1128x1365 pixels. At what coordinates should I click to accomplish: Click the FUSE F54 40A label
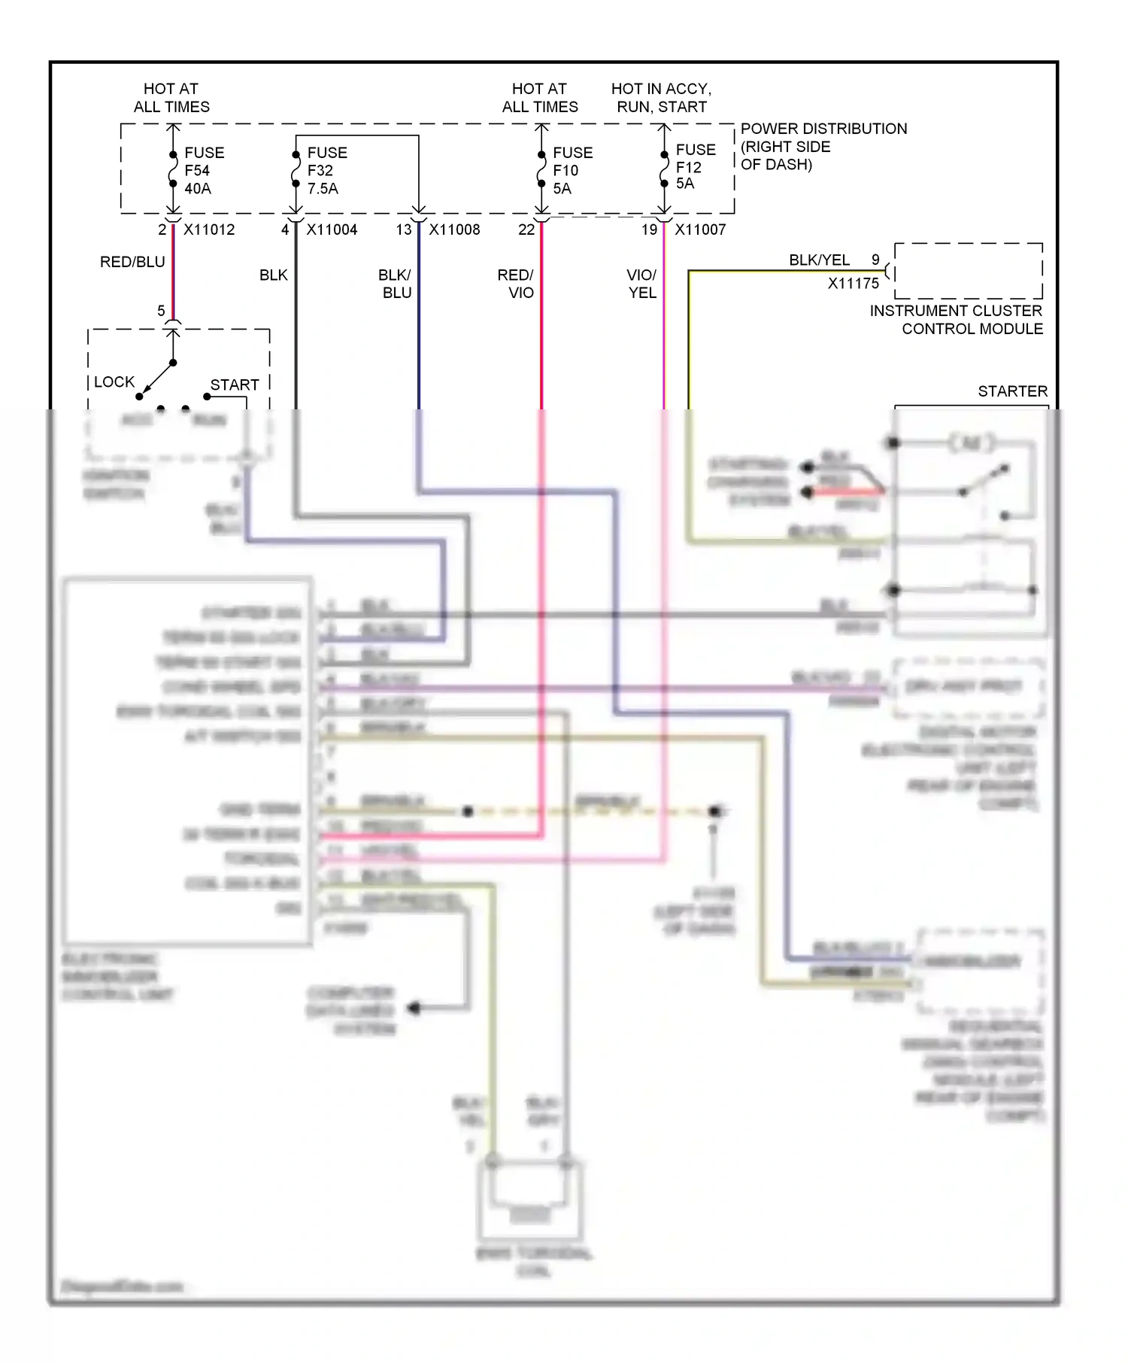point(203,171)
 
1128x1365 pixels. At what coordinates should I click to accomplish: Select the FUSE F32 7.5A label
point(326,171)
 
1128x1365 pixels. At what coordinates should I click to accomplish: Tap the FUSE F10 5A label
point(572,171)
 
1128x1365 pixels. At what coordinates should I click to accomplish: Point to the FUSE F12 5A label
point(695,166)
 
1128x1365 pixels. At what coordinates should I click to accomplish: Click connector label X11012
point(209,230)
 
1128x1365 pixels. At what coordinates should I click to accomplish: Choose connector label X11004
point(332,230)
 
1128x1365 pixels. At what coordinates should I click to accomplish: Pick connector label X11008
point(454,230)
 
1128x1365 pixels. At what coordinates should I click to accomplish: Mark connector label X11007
point(700,230)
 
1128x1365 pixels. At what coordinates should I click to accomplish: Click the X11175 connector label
point(853,284)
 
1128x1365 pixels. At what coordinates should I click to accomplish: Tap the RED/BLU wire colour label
point(132,262)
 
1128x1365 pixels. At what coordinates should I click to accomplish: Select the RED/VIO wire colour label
point(516,284)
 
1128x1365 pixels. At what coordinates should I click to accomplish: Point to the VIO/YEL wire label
point(642,284)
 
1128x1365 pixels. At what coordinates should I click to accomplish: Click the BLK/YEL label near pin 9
point(819,260)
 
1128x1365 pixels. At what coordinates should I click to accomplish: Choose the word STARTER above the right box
point(1012,391)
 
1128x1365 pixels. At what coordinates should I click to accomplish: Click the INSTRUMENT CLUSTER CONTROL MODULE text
point(957,320)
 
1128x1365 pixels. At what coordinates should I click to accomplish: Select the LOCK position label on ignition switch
point(114,382)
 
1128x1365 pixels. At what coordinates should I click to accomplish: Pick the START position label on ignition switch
point(234,385)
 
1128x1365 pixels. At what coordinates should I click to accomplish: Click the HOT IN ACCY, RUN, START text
point(661,98)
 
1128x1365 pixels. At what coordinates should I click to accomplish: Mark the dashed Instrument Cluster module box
point(969,271)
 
